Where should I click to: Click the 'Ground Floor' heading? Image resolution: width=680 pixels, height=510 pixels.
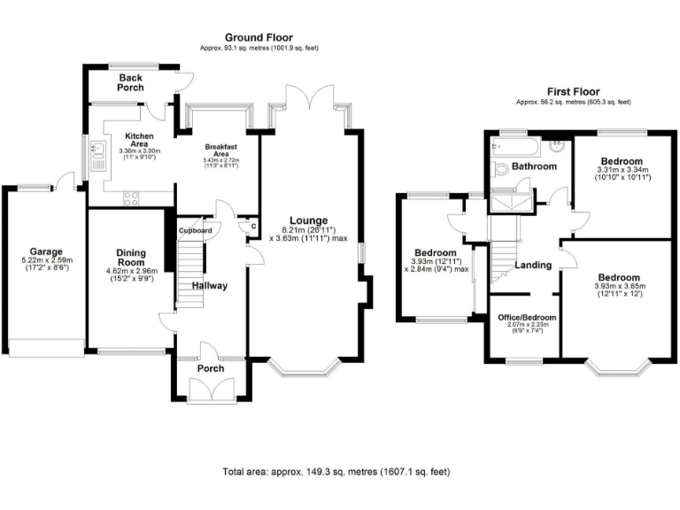[259, 37]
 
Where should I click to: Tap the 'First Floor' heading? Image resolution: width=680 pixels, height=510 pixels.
[573, 91]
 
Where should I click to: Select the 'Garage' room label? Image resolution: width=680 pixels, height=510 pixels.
[46, 251]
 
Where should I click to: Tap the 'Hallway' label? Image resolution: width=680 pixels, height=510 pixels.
[210, 286]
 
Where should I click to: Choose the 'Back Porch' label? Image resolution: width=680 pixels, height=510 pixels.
[136, 82]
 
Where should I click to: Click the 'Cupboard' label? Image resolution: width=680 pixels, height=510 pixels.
[195, 231]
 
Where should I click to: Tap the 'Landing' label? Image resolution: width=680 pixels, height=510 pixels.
[534, 265]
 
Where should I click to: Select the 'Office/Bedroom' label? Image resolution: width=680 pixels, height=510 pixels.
[522, 316]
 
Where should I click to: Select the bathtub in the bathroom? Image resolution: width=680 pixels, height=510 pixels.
[516, 144]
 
